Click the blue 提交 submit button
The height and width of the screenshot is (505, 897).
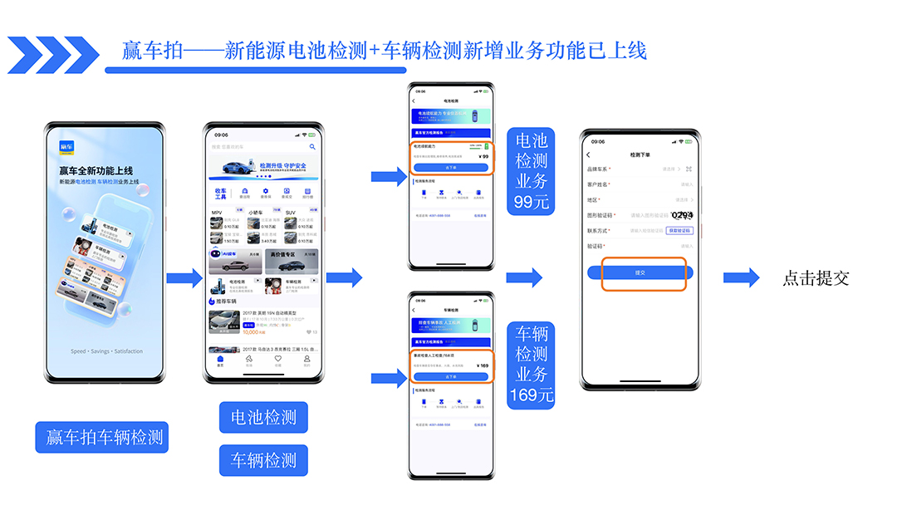point(640,272)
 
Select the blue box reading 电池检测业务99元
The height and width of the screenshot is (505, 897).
point(532,170)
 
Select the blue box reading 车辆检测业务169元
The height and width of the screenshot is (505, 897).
point(532,365)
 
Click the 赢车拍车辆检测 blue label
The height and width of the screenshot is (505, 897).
point(102,437)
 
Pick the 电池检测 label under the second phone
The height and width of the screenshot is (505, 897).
point(263,417)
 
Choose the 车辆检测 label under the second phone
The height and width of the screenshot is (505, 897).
point(263,459)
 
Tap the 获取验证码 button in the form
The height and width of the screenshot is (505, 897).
point(679,230)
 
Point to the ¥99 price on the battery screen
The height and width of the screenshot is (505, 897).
point(483,156)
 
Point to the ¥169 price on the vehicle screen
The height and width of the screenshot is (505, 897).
point(483,365)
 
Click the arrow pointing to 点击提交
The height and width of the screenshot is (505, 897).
point(741,278)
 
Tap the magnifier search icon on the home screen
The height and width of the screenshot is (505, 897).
point(313,147)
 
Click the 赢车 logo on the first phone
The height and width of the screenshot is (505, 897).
point(67,148)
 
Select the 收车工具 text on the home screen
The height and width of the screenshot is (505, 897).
point(221,194)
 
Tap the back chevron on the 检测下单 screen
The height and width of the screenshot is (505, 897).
point(588,154)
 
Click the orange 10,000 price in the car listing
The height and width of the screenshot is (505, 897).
point(254,331)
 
